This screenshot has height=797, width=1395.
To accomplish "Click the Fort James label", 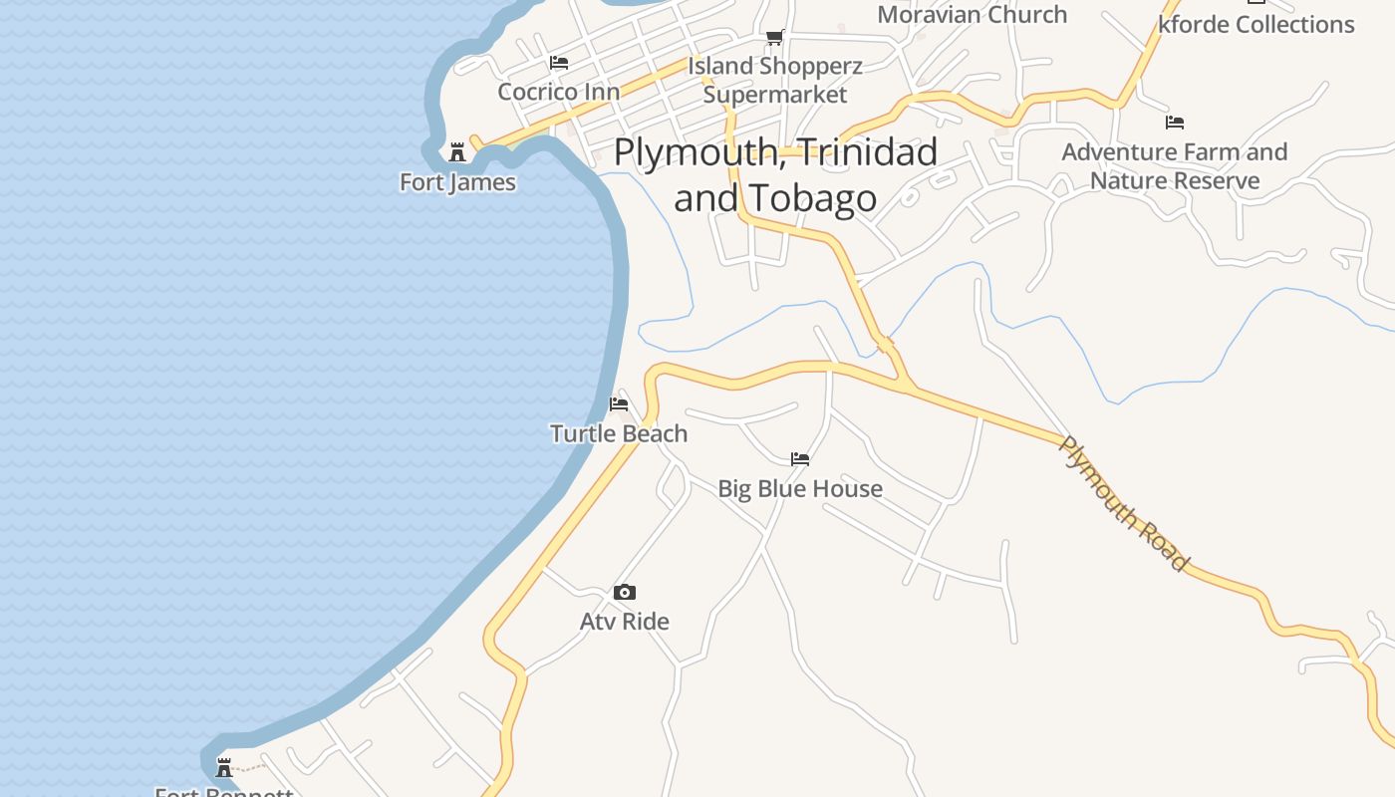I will [457, 182].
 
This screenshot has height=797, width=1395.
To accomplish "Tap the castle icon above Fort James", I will [457, 152].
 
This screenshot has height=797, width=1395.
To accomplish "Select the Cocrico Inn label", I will [558, 92].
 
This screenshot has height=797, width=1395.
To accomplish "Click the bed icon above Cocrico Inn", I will [559, 63].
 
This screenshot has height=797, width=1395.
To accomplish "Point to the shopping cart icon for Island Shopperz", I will [774, 38].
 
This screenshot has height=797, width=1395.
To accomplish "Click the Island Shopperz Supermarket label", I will [775, 80].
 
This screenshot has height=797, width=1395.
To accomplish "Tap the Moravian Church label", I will [972, 14].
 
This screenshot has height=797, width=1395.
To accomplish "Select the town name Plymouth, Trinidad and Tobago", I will [775, 174].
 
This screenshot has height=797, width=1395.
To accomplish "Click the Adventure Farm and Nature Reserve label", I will [1174, 166].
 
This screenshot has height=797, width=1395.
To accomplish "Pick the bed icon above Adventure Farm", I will [1175, 123].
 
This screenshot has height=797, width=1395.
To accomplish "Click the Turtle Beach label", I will [619, 433].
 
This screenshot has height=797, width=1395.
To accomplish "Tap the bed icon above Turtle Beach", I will [619, 404].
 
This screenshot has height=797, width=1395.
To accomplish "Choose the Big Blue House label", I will [800, 488].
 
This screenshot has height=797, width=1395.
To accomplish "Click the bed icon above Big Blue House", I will [800, 459].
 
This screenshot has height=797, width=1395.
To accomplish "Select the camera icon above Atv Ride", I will [625, 593].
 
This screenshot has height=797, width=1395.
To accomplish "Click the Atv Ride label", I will [625, 622].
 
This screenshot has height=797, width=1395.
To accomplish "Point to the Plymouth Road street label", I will [1123, 504].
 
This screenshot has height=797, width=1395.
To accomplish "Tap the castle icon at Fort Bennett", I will [224, 767].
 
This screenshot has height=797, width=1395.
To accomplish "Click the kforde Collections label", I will [1256, 24].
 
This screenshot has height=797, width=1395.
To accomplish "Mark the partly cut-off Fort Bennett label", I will [224, 792].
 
